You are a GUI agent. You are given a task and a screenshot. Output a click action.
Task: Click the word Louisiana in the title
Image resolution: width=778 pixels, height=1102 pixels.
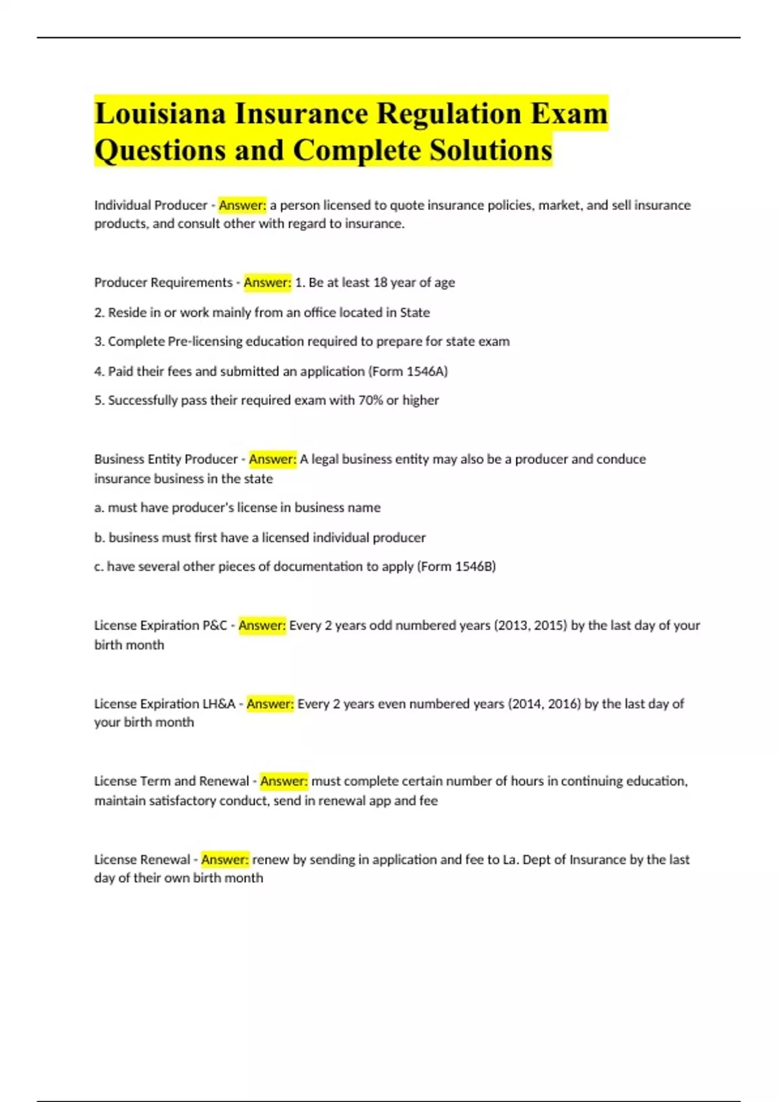(159, 113)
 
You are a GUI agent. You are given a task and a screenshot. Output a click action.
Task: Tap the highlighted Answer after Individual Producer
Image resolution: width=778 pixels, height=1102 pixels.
(242, 205)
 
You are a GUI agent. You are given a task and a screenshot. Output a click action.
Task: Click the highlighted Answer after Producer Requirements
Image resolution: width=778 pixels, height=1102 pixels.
(267, 283)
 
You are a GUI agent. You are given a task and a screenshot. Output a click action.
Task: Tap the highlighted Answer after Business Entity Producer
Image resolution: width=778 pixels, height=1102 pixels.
(272, 460)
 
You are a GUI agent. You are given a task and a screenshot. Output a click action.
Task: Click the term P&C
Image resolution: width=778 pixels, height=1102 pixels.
(215, 626)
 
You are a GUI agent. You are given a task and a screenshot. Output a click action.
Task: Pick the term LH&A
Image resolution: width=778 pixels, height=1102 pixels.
(218, 704)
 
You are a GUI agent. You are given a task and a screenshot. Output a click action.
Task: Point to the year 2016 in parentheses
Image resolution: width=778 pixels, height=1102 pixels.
(563, 704)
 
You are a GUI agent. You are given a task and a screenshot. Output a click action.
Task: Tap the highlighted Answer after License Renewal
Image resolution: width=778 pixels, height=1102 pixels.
(225, 860)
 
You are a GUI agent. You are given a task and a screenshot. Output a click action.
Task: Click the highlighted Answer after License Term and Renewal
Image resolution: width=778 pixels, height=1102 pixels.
(284, 781)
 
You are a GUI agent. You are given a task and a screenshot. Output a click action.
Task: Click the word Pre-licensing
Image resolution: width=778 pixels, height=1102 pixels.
(205, 342)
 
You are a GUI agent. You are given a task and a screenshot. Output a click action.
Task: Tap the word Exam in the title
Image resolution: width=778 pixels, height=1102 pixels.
(569, 113)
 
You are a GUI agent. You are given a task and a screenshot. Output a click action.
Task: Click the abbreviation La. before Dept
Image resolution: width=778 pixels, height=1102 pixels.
(511, 860)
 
